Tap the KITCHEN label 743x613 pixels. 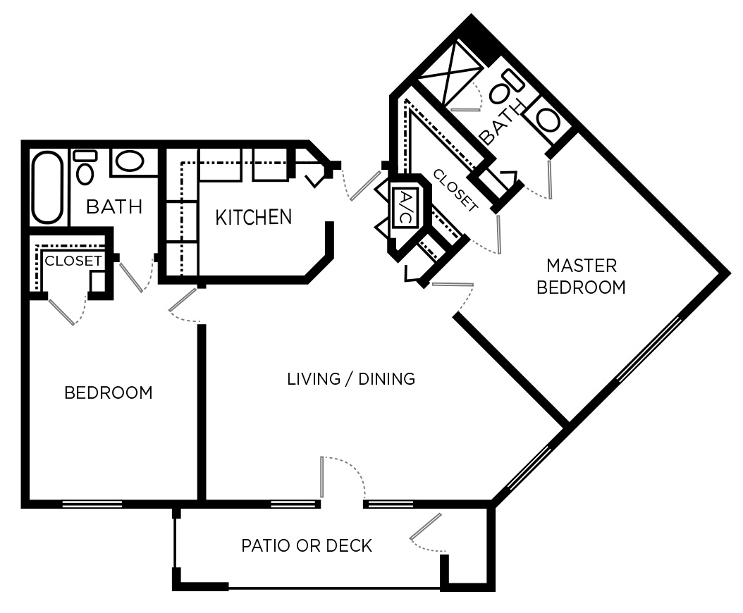[x=253, y=217]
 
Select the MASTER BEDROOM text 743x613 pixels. [x=581, y=276]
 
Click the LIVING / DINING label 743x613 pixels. [x=351, y=379]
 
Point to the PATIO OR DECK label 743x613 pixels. [x=307, y=546]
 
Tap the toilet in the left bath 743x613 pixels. [x=85, y=169]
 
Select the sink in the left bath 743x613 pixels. [x=129, y=162]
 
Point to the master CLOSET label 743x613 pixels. [x=455, y=190]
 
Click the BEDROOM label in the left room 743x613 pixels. [x=108, y=392]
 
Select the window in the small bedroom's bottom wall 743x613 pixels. [x=92, y=504]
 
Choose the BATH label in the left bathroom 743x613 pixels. [x=113, y=207]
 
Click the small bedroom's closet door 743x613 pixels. [x=61, y=311]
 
